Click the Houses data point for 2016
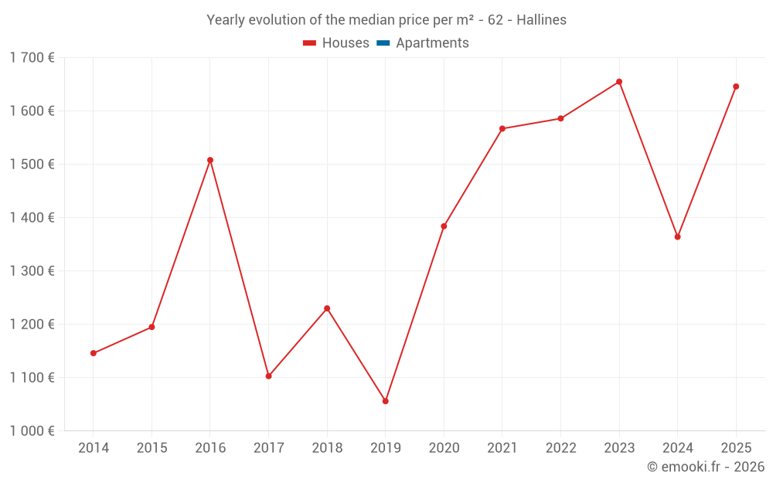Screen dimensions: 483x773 (210, 160)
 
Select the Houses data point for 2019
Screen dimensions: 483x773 (386, 401)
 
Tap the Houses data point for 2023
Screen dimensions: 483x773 (619, 82)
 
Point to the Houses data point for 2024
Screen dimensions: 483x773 (677, 237)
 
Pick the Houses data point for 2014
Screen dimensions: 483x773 (94, 353)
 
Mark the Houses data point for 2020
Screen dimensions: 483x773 (444, 226)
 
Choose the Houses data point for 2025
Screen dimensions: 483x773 (736, 87)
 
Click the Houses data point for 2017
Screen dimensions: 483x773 (268, 376)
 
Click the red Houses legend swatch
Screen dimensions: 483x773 (310, 43)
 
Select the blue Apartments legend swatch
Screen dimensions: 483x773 (383, 43)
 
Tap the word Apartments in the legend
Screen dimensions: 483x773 (432, 43)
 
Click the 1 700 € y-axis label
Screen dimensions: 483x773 (32, 57)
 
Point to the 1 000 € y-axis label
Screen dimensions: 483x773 (32, 431)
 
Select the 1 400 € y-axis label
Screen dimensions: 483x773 (32, 218)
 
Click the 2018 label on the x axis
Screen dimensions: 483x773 (327, 448)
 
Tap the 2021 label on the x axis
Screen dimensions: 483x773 (502, 448)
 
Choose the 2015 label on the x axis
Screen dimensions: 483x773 (152, 448)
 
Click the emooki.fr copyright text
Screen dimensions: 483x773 (706, 467)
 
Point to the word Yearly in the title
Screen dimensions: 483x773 (226, 20)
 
